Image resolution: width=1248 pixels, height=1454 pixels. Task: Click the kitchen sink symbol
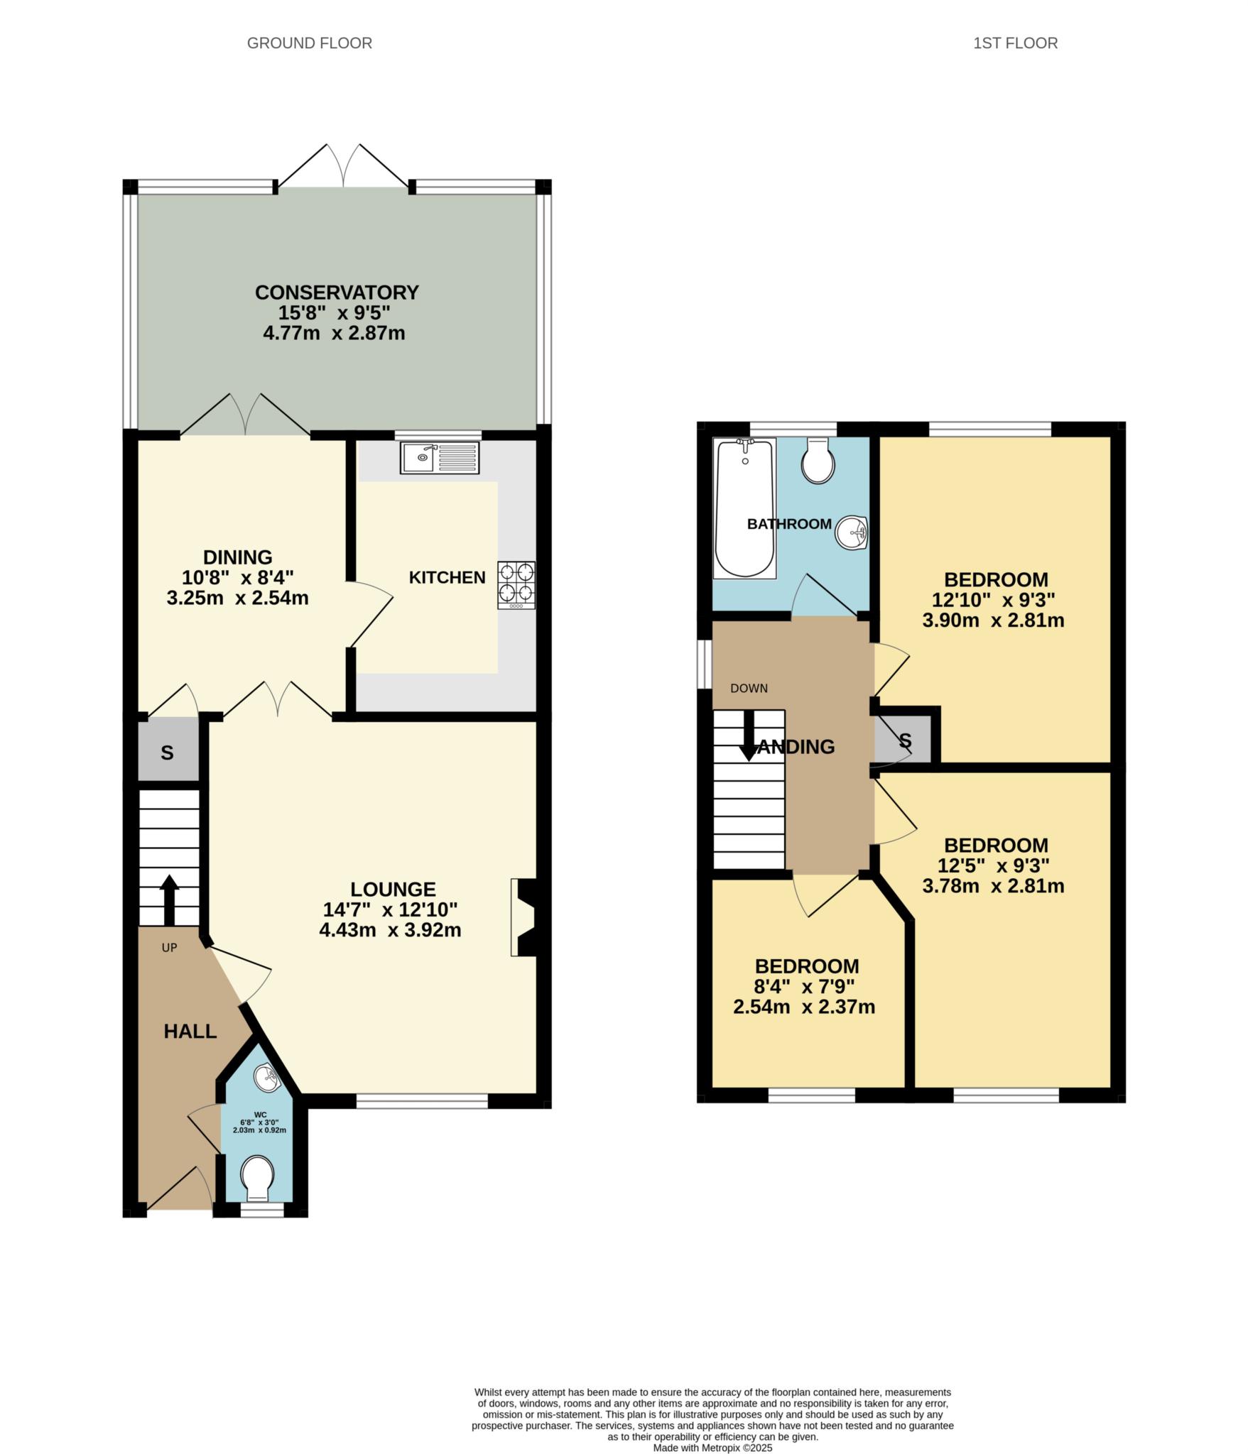(x=440, y=458)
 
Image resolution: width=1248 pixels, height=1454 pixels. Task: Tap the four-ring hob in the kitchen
(x=516, y=584)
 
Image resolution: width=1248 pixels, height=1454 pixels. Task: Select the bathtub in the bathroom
(x=744, y=508)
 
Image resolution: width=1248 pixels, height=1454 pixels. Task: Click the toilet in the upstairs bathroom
(x=818, y=461)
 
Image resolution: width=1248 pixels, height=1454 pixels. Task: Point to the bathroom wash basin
(x=852, y=532)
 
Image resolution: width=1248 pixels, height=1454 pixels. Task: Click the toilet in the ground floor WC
(x=256, y=1174)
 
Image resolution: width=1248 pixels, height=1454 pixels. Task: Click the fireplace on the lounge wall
(x=524, y=917)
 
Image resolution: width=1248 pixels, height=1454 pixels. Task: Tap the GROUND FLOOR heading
(x=309, y=43)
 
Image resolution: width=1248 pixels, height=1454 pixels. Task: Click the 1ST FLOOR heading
(x=1014, y=43)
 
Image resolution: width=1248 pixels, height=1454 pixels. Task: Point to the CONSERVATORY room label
(x=337, y=293)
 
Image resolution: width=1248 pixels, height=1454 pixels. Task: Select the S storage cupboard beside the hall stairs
(x=168, y=753)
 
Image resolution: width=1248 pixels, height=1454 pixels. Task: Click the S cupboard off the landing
(x=904, y=741)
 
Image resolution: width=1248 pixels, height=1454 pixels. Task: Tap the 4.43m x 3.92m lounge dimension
(x=390, y=930)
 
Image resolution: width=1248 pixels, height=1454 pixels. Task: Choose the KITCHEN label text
(x=447, y=577)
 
